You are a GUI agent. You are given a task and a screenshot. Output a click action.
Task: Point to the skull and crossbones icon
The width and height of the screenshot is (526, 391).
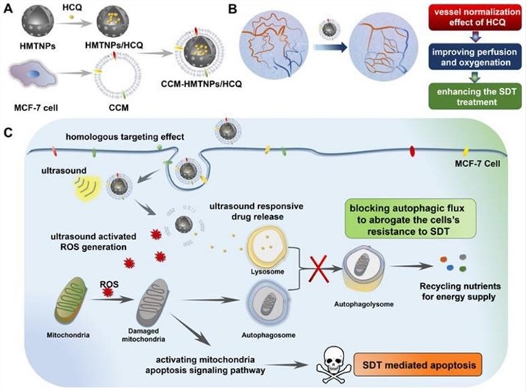[x=330, y=362]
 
